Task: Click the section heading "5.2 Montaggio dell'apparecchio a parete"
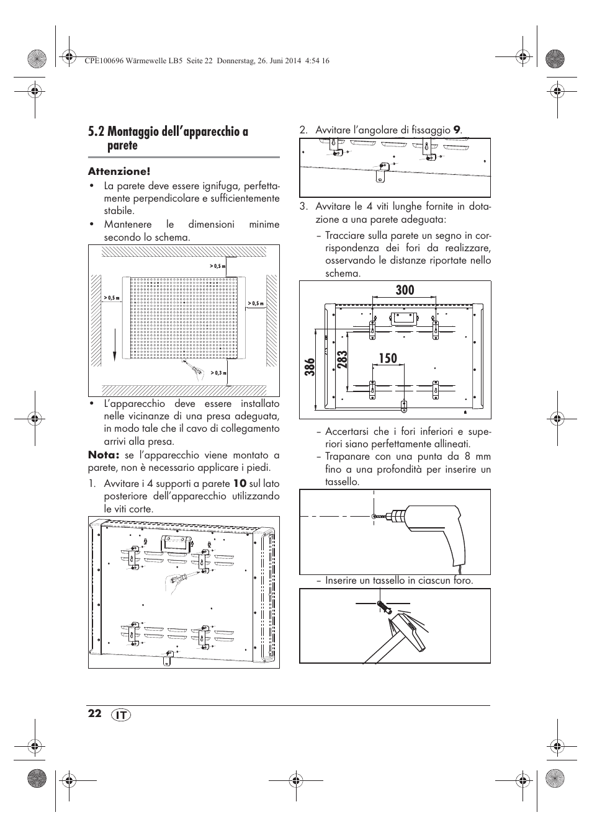168,138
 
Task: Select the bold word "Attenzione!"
119,171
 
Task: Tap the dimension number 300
404,290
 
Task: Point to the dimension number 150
387,358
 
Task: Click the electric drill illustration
428,530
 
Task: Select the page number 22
94,713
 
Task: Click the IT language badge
122,715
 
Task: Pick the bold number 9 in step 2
456,130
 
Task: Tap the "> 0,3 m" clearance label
218,373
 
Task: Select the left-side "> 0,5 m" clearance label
112,298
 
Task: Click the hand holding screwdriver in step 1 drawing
178,579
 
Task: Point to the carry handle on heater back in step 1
176,543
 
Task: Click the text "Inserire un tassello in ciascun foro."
399,581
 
